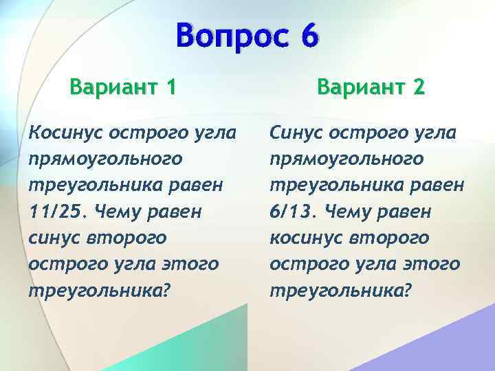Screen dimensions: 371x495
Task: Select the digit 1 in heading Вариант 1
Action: click(x=170, y=88)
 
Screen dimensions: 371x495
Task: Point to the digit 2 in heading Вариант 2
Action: click(x=418, y=88)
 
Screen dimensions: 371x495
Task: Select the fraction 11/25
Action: click(x=55, y=211)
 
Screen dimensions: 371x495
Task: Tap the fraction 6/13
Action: click(x=294, y=211)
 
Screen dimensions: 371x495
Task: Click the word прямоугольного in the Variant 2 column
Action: click(x=346, y=159)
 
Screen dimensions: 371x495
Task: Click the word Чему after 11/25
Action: click(x=116, y=211)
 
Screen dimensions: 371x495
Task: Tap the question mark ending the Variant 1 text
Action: click(x=166, y=290)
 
